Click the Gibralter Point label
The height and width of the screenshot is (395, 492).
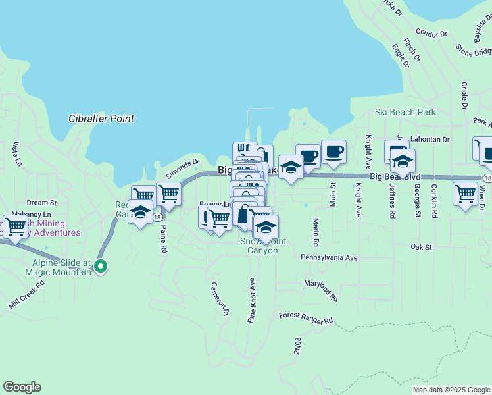pyautogui.click(x=101, y=119)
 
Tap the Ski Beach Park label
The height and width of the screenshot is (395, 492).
pyautogui.click(x=405, y=113)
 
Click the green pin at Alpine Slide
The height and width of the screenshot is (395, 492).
pyautogui.click(x=100, y=267)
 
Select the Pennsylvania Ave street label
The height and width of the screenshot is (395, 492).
pyautogui.click(x=329, y=257)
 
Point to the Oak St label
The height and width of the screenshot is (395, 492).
pyautogui.click(x=420, y=247)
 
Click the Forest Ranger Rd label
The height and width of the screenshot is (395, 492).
pyautogui.click(x=306, y=319)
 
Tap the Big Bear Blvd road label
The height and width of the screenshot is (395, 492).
pyautogui.click(x=395, y=177)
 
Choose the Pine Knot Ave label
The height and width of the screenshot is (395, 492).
pyautogui.click(x=251, y=300)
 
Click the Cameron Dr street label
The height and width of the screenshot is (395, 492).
pyautogui.click(x=219, y=298)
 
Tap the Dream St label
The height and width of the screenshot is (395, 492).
pyautogui.click(x=42, y=203)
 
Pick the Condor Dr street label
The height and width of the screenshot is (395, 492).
pyautogui.click(x=431, y=32)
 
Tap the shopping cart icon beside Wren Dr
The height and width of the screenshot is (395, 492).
pyautogui.click(x=465, y=194)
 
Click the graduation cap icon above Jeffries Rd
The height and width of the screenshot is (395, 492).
pyautogui.click(x=403, y=160)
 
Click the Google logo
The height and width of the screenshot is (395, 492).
pyautogui.click(x=22, y=387)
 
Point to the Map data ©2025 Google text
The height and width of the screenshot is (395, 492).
pyautogui.click(x=451, y=390)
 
